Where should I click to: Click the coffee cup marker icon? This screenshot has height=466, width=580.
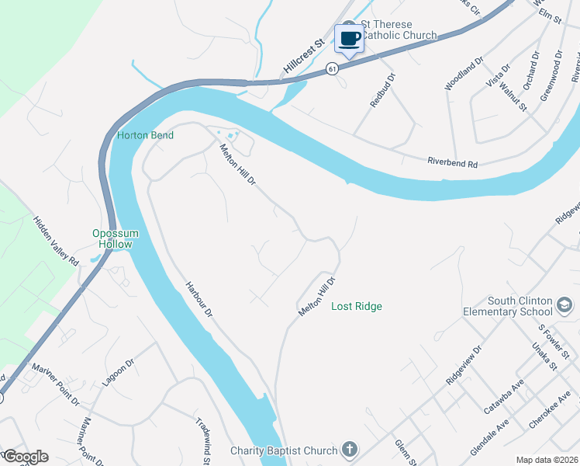[349, 38]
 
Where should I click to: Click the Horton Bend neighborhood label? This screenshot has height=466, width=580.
[145, 135]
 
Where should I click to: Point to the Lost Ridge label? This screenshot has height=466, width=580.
[357, 307]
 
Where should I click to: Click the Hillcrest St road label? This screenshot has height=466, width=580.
[302, 57]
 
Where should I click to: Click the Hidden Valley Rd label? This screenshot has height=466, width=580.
[56, 242]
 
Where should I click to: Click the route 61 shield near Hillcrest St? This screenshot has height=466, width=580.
[331, 69]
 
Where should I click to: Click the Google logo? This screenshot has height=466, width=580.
[25, 457]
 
